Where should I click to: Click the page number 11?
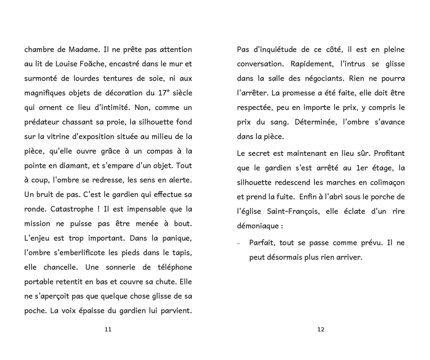(x=108, y=329)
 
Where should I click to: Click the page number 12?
(x=321, y=329)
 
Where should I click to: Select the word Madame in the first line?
(x=84, y=50)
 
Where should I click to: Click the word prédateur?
(x=41, y=122)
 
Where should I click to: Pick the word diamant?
(x=73, y=166)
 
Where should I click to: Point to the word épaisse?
(x=102, y=311)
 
